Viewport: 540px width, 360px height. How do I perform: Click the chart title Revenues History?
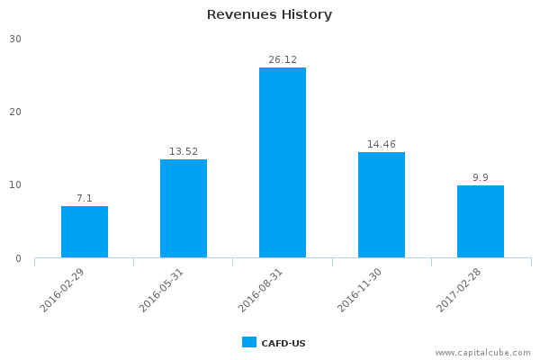tap(269, 14)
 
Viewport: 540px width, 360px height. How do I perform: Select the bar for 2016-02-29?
tap(85, 232)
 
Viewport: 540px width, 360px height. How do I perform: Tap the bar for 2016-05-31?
tap(184, 209)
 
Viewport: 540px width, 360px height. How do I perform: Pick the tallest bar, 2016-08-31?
tap(283, 163)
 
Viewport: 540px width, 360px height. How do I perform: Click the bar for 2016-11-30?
tap(382, 205)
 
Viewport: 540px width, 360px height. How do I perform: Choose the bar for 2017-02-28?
tap(481, 221)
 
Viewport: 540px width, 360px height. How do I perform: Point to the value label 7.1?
tap(85, 198)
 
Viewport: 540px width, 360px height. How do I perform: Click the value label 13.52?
tap(184, 151)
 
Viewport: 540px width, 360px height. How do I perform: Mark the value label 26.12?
tap(283, 59)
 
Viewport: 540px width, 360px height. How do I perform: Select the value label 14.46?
tap(382, 144)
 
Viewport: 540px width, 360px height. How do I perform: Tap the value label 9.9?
tap(481, 177)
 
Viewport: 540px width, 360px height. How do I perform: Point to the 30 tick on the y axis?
tap(16, 39)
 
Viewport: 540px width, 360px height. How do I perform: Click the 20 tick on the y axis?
tap(16, 112)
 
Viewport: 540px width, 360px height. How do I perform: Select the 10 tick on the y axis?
tap(16, 185)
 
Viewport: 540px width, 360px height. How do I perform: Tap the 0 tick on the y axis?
tap(19, 258)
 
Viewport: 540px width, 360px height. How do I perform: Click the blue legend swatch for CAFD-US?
tap(249, 342)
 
